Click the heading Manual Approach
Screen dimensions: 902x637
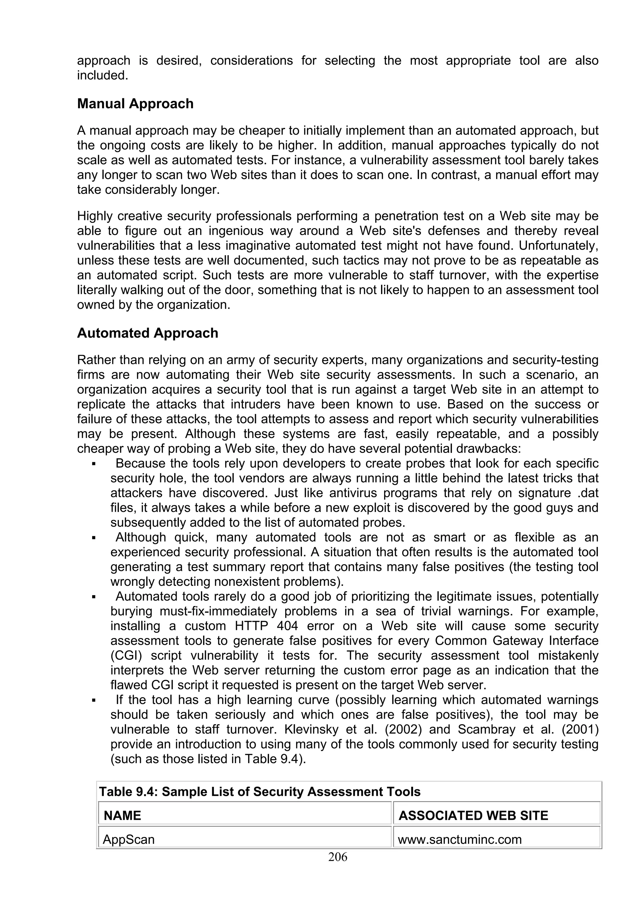point(135,104)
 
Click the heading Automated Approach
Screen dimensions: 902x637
point(147,333)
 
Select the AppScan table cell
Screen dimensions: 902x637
point(129,839)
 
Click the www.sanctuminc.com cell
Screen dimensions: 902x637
point(460,839)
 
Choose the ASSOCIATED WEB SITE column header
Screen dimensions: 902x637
point(473,815)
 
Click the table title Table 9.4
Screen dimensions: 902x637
point(259,792)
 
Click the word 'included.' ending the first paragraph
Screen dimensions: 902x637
point(102,75)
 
